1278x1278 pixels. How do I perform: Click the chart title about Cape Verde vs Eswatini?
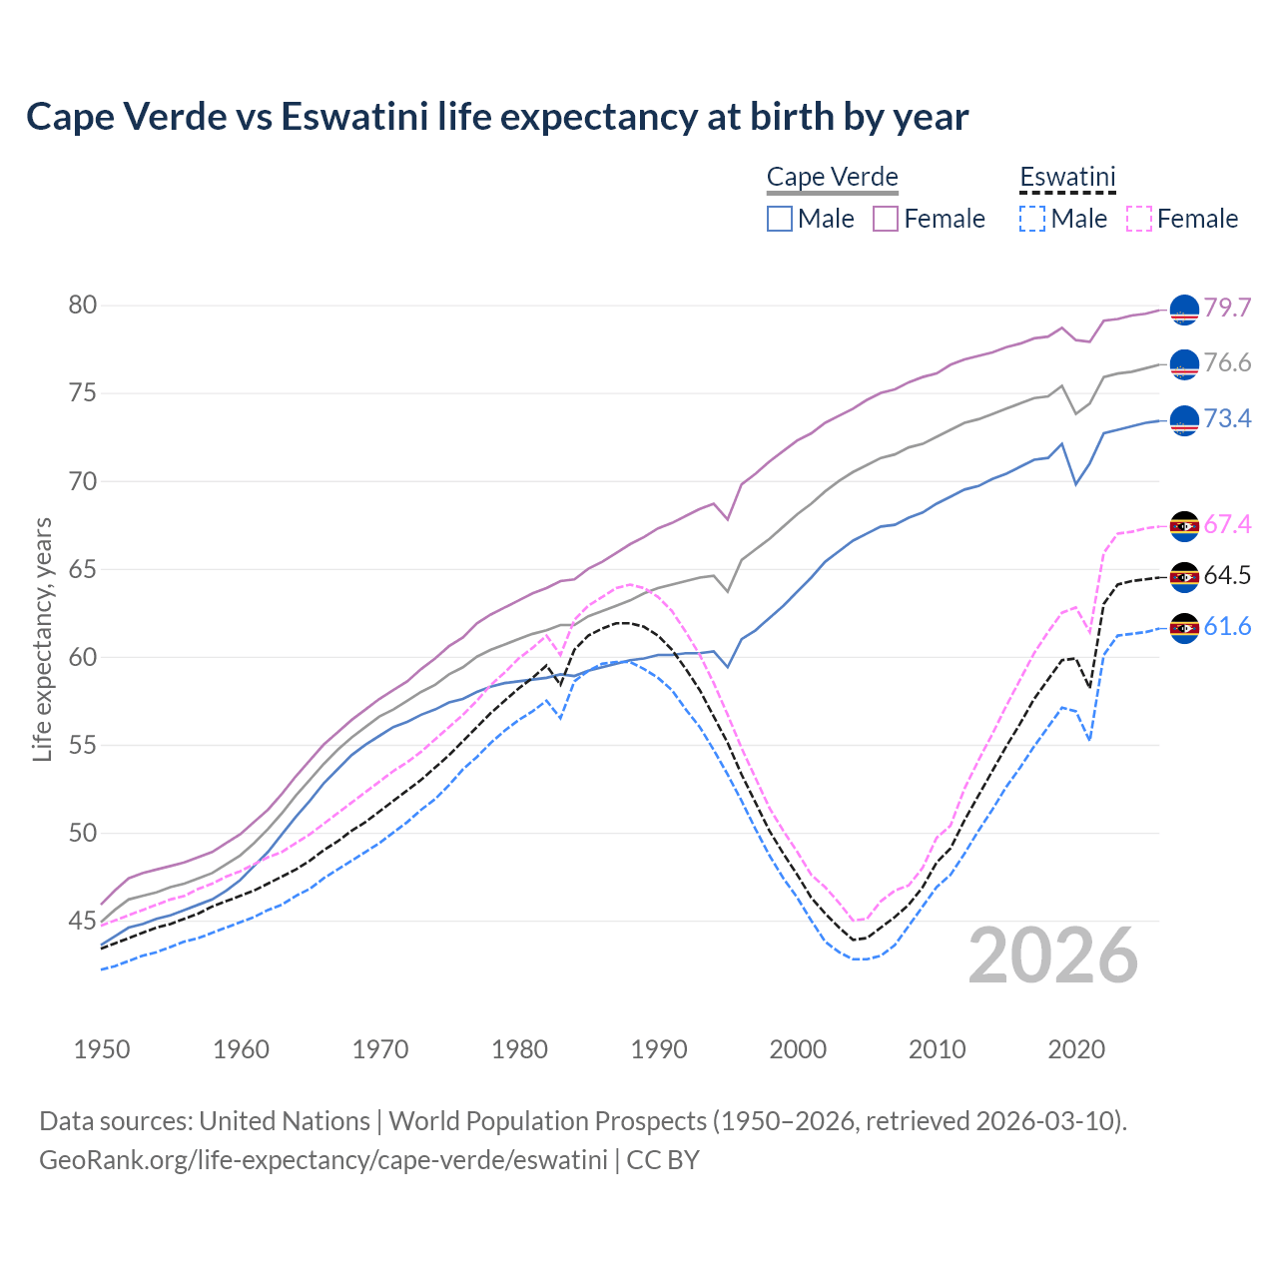pos(497,117)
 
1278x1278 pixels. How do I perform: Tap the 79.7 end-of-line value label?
pos(1227,308)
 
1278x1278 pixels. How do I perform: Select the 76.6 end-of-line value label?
pos(1227,362)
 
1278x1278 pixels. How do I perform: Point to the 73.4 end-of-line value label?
pos(1227,418)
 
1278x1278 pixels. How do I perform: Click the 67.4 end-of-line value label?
pos(1227,524)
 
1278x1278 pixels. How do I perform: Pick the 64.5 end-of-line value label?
pos(1227,575)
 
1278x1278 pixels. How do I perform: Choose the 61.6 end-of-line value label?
pos(1227,626)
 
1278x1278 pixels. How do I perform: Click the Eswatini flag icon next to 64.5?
pos(1184,577)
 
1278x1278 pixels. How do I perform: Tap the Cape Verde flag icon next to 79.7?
pos(1184,310)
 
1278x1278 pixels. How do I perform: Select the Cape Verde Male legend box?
pos(780,219)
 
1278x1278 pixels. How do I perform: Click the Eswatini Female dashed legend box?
pos(1139,219)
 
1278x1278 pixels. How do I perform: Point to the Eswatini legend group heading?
pos(1067,178)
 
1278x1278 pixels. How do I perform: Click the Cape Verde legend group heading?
pos(833,178)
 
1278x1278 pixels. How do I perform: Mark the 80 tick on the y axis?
pos(83,305)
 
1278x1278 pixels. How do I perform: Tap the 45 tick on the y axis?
pos(83,921)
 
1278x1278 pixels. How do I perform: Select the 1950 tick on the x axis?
pos(102,1049)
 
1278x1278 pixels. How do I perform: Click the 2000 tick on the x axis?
pos(798,1049)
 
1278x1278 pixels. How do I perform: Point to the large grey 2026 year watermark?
pos(1053,956)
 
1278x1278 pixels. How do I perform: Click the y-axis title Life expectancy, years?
pos(42,639)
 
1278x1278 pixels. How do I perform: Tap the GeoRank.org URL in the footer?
pos(322,1159)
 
